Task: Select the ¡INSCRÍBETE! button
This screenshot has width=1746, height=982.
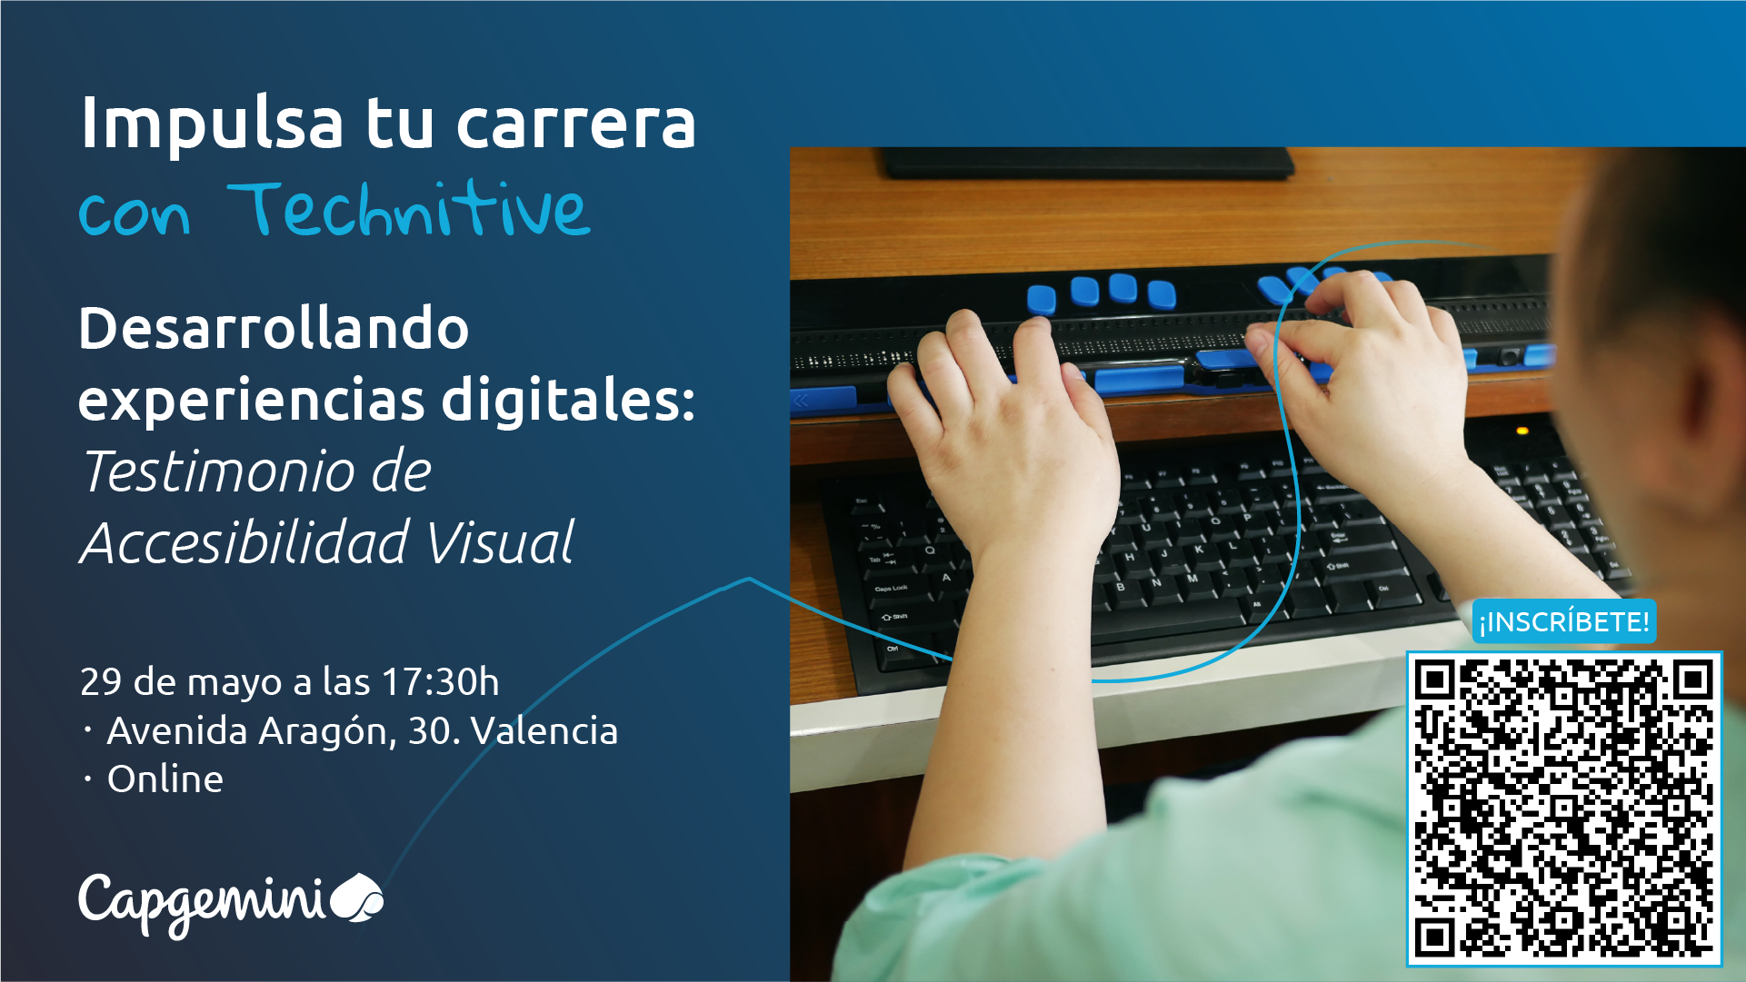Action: [x=1563, y=621]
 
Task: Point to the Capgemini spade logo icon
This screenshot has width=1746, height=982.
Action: [x=357, y=898]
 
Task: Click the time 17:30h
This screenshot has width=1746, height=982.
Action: [x=440, y=681]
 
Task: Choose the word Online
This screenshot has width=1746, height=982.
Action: [x=165, y=779]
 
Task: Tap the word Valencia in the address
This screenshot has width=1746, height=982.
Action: [x=544, y=730]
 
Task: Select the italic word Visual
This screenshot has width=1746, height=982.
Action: [x=501, y=542]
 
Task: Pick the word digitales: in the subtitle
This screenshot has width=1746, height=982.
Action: [x=568, y=400]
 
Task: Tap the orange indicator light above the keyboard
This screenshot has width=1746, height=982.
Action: [x=1522, y=430]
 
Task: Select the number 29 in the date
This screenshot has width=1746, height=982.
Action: [x=101, y=681]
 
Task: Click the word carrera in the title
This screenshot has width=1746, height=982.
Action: [x=576, y=124]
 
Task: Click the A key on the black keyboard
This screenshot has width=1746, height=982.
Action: [x=946, y=577]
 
